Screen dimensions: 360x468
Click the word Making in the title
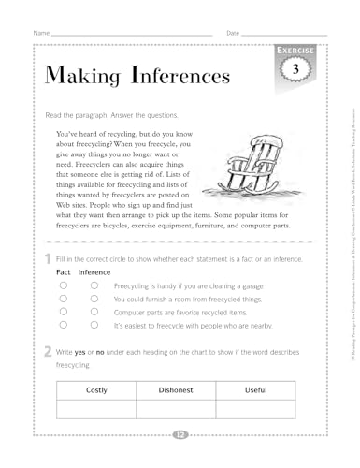point(78,73)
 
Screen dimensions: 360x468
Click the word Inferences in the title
point(169,73)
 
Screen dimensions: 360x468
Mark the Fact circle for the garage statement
point(63,285)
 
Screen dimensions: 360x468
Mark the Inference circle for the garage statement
point(94,285)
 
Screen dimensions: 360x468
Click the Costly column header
point(95,389)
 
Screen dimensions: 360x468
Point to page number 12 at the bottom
point(179,433)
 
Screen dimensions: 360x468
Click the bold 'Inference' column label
point(94,271)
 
